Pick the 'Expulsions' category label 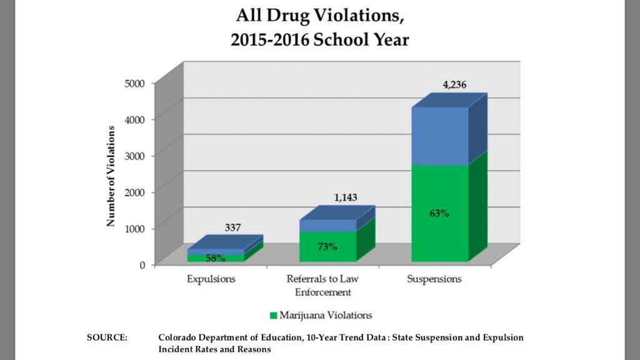point(211,279)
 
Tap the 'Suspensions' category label point(434,279)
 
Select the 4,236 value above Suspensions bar point(455,84)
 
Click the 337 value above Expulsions point(232,227)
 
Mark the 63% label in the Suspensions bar point(439,213)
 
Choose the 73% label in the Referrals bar point(327,246)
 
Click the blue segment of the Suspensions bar point(439,136)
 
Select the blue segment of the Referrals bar point(327,226)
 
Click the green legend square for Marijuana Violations point(274,315)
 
